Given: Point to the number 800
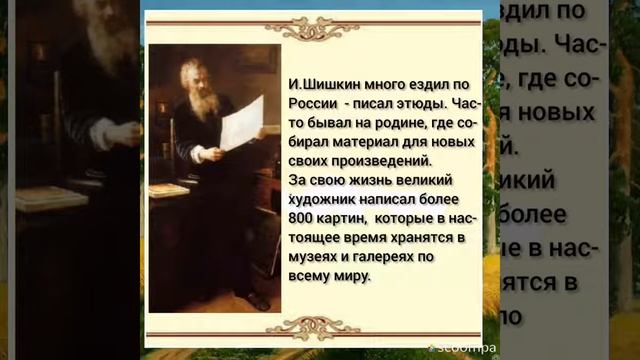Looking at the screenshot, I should [x=300, y=216].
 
